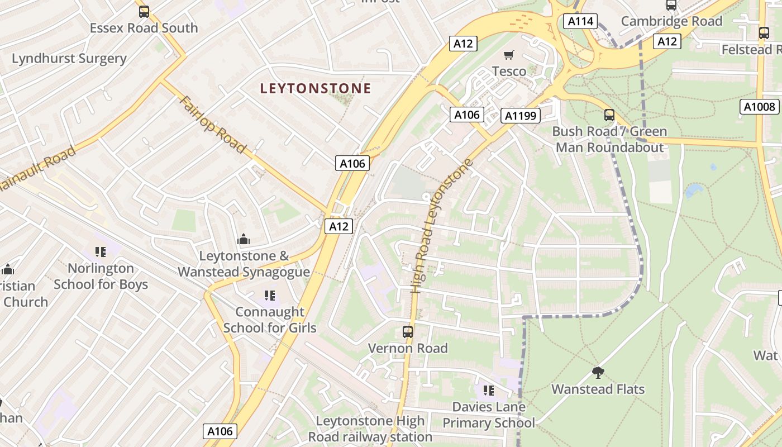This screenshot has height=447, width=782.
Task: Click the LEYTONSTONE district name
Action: tap(316, 88)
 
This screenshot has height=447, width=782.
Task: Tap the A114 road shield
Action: tap(580, 21)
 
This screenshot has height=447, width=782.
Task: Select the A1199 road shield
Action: tap(521, 116)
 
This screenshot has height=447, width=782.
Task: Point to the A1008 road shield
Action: tap(760, 107)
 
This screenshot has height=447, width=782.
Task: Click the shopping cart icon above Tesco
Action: tap(508, 55)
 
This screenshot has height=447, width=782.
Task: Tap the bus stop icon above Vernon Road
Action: tap(408, 331)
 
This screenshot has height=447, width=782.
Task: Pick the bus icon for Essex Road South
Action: tap(144, 11)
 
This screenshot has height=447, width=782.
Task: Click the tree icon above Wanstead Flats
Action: tap(598, 372)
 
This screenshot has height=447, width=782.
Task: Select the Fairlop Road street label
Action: tap(213, 125)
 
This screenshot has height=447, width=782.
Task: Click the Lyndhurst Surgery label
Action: tap(69, 59)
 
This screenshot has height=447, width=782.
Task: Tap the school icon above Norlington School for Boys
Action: tap(101, 252)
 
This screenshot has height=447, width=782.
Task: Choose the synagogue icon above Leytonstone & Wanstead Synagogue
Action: tap(244, 240)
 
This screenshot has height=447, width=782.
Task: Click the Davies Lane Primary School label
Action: tap(489, 415)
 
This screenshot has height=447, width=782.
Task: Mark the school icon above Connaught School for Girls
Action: tap(270, 295)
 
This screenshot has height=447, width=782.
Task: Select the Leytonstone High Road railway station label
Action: tap(370, 429)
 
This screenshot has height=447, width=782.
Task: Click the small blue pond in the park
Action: tap(694, 191)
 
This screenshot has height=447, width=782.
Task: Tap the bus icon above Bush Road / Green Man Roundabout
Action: tap(609, 115)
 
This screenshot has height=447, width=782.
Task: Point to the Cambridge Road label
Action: tap(672, 21)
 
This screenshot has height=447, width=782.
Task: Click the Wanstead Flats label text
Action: tap(598, 389)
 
